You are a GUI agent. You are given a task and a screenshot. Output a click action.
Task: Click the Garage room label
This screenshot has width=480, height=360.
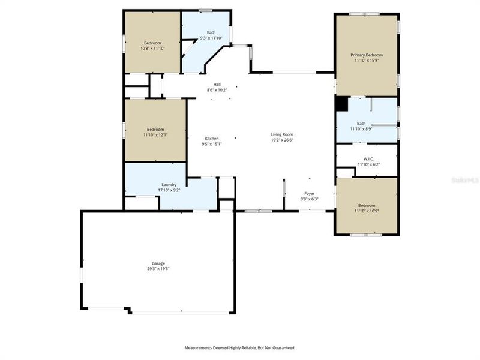coord(158,263)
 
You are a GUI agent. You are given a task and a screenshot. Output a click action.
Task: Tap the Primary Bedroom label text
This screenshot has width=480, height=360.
coord(367,55)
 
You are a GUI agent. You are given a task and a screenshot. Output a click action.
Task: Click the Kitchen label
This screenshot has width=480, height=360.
coord(212,138)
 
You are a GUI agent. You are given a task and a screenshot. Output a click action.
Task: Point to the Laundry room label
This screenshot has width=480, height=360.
coord(169,184)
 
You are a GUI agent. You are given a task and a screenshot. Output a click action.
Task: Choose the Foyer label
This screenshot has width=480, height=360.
coord(310,193)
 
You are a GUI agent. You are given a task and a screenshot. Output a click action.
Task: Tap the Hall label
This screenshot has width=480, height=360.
coord(217,84)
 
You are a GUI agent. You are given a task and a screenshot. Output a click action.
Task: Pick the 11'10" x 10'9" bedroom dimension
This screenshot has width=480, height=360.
coord(367,211)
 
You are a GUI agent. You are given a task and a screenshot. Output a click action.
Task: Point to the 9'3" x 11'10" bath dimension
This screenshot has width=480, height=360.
coord(211,38)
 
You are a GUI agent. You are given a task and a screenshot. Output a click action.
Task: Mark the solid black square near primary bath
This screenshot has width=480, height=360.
coord(341,104)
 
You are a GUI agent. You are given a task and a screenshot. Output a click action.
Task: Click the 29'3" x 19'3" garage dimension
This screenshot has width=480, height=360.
coord(158,269)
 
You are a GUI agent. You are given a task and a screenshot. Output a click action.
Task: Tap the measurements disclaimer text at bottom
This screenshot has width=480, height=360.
coord(239,347)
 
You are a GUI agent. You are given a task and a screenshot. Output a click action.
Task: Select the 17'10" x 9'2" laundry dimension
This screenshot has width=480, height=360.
coord(169,190)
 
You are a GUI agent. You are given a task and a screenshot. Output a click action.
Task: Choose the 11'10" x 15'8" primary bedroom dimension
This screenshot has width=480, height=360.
coord(367,61)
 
